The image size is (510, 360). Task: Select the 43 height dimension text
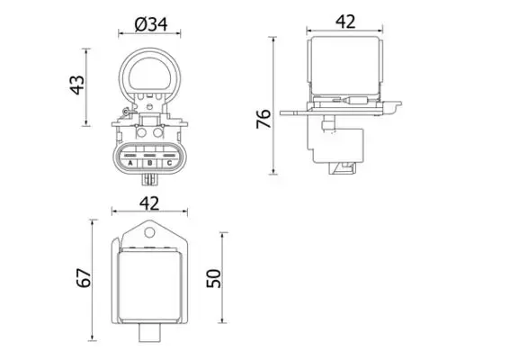pyautogui.click(x=78, y=84)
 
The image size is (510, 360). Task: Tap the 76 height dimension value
pyautogui.click(x=263, y=119)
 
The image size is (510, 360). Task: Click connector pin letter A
pyautogui.click(x=130, y=163)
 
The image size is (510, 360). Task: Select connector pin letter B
pyautogui.click(x=149, y=163)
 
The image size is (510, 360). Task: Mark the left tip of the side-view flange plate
pyautogui.click(x=283, y=113)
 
